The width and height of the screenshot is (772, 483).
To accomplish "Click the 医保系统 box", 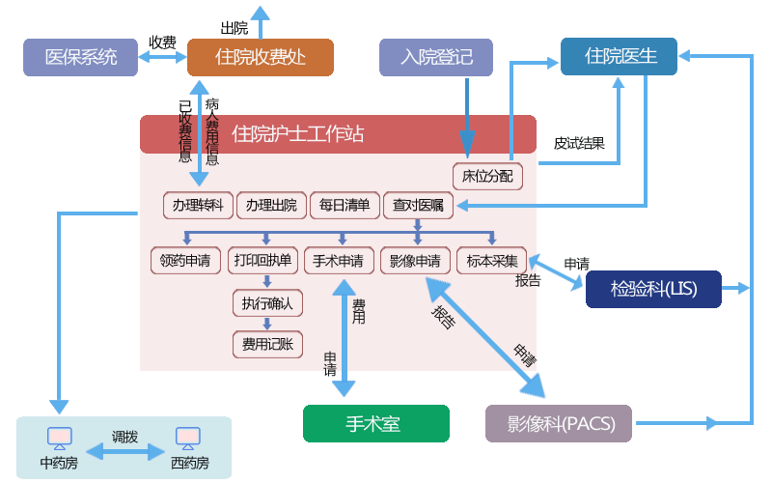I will (x=82, y=57).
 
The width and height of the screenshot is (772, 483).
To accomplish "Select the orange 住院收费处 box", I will (x=260, y=57).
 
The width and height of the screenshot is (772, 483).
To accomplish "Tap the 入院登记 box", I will (x=436, y=57).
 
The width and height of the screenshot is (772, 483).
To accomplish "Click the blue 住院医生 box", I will (x=620, y=56).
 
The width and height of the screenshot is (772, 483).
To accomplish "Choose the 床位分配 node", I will (x=487, y=177).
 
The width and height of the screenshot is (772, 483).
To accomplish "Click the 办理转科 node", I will (x=198, y=205).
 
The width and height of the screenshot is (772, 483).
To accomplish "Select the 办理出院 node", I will (x=270, y=205).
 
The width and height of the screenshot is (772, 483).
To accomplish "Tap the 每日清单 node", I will (x=345, y=205).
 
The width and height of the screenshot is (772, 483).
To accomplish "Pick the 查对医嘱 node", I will (x=418, y=205).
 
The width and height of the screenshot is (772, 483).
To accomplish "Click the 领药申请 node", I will (x=186, y=260).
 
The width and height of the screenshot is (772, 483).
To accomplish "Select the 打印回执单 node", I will (x=262, y=260).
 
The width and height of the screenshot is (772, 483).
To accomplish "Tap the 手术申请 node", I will (x=339, y=260).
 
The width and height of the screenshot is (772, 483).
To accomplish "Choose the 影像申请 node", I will (x=415, y=260).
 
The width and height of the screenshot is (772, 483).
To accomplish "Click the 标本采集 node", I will (x=491, y=260).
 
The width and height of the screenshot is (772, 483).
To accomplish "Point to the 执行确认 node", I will (x=267, y=302).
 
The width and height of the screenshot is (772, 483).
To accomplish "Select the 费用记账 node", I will (x=267, y=343).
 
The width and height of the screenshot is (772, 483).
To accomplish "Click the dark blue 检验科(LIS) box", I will (x=653, y=289).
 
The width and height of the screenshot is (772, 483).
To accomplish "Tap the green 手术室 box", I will (x=375, y=423).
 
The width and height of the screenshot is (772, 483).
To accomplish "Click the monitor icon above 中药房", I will (x=59, y=438).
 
